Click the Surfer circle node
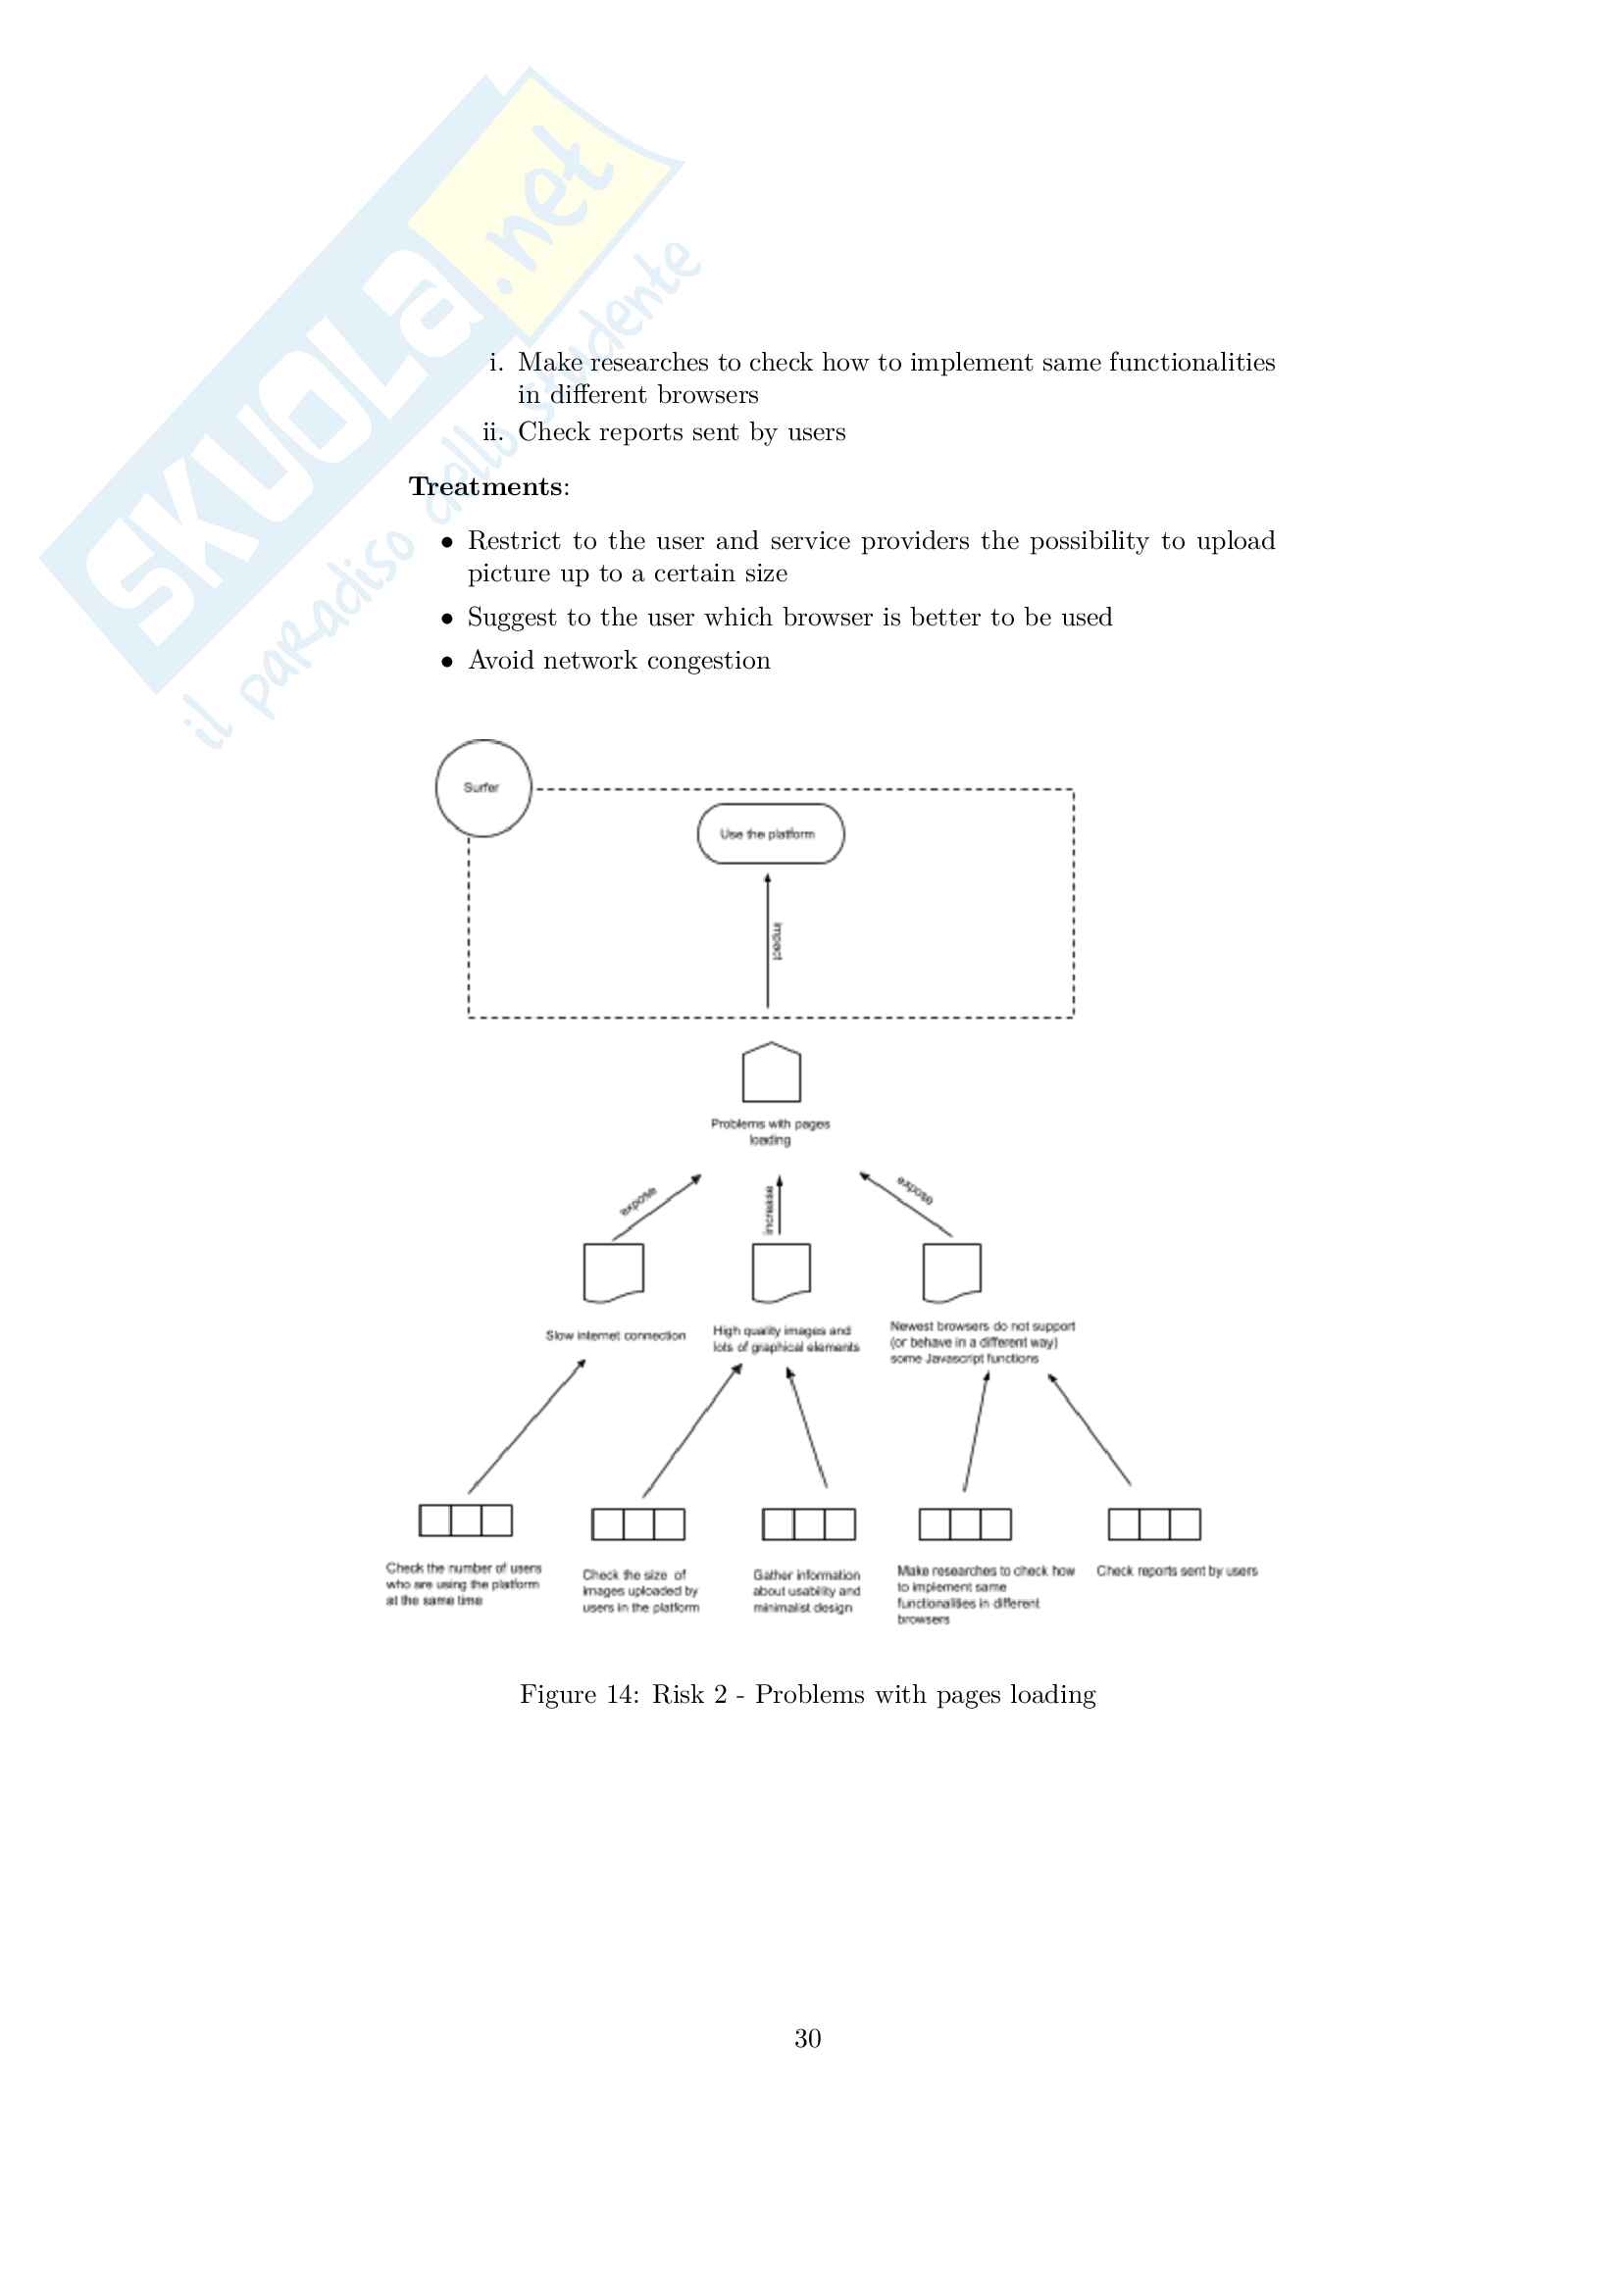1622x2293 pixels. [x=483, y=788]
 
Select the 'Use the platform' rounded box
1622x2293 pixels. [x=770, y=834]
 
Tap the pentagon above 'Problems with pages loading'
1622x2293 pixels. [x=771, y=1072]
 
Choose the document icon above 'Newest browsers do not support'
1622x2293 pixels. [x=952, y=1272]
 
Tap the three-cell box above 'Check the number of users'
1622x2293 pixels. [x=466, y=1520]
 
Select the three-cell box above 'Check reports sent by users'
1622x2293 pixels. [x=1154, y=1524]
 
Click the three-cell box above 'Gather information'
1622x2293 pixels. [x=809, y=1524]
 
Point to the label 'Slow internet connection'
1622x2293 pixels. [x=615, y=1335]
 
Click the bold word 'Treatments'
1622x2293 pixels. [x=485, y=486]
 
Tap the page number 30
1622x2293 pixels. [x=808, y=2038]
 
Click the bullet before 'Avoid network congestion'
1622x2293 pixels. [x=447, y=661]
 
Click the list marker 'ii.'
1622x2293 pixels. [x=493, y=432]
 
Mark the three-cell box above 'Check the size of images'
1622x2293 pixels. [x=638, y=1524]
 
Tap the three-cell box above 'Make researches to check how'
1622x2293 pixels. [x=965, y=1524]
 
